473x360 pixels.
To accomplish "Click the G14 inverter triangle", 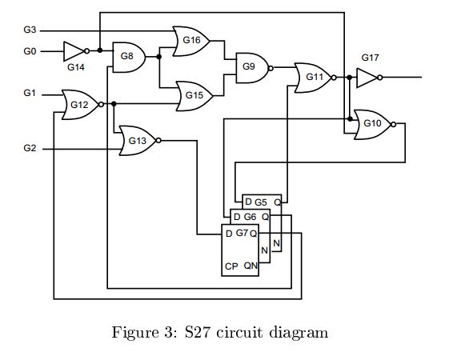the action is (x=74, y=51).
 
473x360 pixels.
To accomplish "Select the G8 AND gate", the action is (x=129, y=57).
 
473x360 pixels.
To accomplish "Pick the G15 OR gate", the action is (x=194, y=96).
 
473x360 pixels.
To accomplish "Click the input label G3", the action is (x=30, y=30).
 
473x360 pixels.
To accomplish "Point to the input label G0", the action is (x=30, y=51).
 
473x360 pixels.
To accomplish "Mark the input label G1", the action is (x=30, y=93).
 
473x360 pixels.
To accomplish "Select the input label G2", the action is (x=30, y=148).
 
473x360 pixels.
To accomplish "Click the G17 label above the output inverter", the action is (x=370, y=58).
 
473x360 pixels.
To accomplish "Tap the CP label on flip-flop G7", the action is (x=231, y=266).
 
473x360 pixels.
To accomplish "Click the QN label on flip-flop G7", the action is (x=251, y=266).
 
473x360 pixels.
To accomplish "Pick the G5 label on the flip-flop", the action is (x=261, y=202).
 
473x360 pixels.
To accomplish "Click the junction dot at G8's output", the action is (x=159, y=57).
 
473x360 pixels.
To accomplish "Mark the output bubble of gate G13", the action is (x=158, y=141).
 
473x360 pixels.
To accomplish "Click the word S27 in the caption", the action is (x=198, y=333).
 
